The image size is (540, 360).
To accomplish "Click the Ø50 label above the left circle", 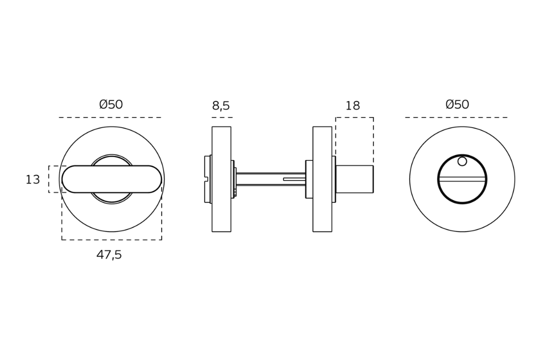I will tap(111, 105).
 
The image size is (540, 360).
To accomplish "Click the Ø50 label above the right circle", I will tap(457, 105).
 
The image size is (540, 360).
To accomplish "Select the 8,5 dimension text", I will tap(221, 106).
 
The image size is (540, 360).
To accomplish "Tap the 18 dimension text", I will tap(352, 106).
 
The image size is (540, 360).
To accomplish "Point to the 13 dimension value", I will tap(32, 180).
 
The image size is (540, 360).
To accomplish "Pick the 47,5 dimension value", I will tap(109, 255).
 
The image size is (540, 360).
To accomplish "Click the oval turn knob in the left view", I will tap(111, 179).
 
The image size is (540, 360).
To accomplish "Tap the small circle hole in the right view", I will tap(462, 161).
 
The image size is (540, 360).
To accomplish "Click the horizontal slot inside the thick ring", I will tap(462, 179).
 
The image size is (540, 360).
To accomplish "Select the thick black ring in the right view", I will tap(438, 179).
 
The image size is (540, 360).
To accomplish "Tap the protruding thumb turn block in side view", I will tap(354, 179).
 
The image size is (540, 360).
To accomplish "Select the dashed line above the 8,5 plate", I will tap(221, 117).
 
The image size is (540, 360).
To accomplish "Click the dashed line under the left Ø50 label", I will tap(110, 117).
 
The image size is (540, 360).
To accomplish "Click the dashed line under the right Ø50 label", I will tap(456, 117).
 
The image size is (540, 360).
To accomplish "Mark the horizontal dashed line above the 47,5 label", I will tap(111, 240).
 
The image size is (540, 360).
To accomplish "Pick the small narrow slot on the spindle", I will tap(294, 179).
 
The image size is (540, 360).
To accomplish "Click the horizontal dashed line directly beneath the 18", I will tap(354, 117).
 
